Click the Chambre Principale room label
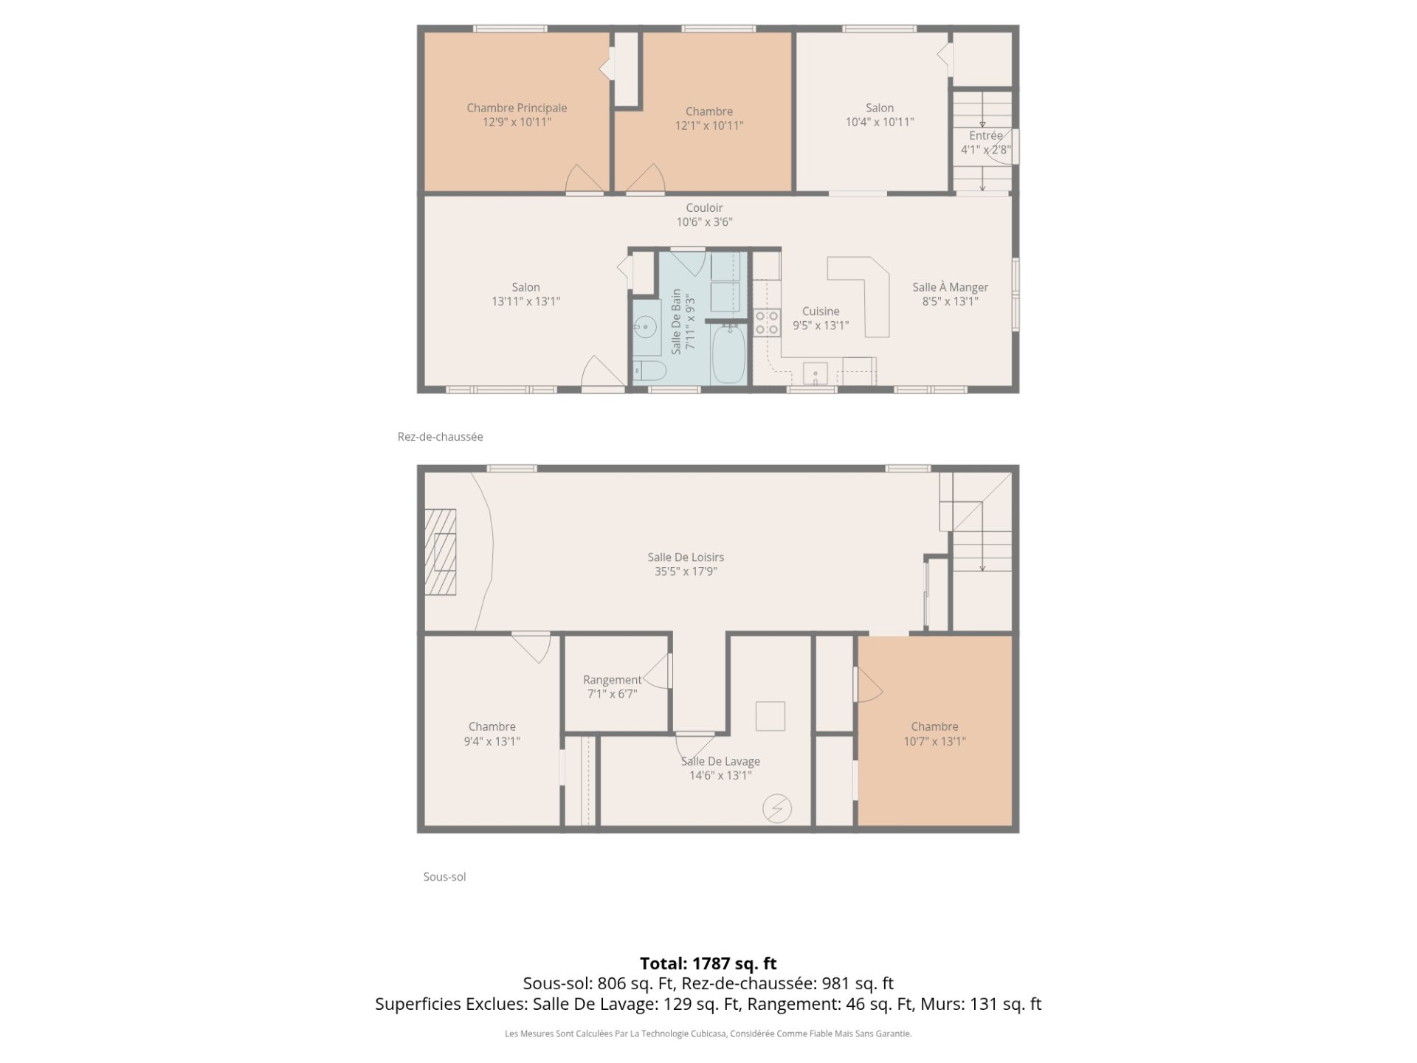tap(517, 108)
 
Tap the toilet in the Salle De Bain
tap(649, 371)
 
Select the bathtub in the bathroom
tap(728, 355)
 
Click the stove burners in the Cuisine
tap(767, 323)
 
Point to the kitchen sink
tap(816, 374)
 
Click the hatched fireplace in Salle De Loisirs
tap(440, 552)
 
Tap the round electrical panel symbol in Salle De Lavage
tap(777, 809)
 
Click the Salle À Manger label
tap(950, 287)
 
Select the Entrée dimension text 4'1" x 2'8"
tap(986, 150)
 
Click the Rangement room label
tap(613, 680)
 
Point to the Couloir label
tap(704, 208)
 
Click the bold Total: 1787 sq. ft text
tap(708, 963)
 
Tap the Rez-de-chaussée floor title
tap(441, 437)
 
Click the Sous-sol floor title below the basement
tap(444, 877)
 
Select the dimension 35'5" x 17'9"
tap(686, 571)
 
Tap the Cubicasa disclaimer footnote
tap(708, 1034)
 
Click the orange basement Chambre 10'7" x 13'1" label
tap(935, 734)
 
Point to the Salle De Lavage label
tap(720, 761)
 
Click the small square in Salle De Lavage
tap(770, 716)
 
